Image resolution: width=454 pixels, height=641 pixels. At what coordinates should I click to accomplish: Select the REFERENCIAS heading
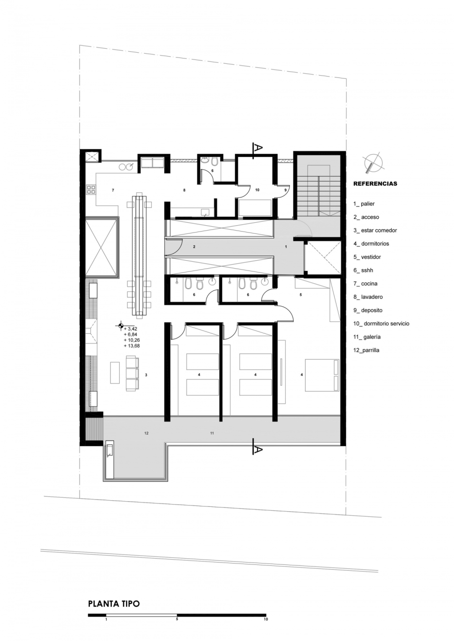click(375, 184)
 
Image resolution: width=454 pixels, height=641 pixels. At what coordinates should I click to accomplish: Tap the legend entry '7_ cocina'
click(365, 284)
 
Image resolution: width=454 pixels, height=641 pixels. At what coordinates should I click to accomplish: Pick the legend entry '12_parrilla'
click(366, 350)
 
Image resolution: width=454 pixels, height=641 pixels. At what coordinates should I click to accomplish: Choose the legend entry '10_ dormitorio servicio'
click(381, 324)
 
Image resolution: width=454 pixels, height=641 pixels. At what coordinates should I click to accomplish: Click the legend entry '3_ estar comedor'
click(375, 230)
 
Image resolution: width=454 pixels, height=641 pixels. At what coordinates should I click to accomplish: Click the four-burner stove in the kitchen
click(91, 190)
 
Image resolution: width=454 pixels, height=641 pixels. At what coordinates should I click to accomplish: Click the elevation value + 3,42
click(130, 329)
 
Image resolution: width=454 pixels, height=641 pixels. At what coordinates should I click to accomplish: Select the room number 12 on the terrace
click(146, 433)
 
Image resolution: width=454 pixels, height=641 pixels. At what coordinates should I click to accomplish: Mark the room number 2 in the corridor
click(194, 247)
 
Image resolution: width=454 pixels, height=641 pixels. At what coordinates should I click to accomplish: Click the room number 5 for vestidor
click(301, 294)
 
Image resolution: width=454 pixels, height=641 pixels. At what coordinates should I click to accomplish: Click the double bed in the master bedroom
click(322, 375)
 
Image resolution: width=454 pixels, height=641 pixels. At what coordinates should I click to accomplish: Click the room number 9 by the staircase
click(286, 190)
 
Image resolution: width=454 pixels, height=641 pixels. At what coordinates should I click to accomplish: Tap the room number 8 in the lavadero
click(184, 190)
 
